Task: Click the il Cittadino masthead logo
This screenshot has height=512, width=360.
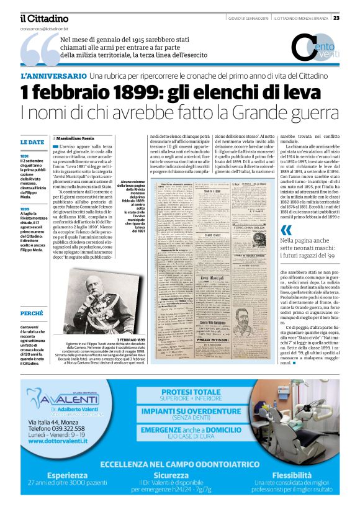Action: click(x=44, y=19)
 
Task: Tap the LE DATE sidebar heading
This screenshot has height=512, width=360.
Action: click(x=32, y=142)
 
